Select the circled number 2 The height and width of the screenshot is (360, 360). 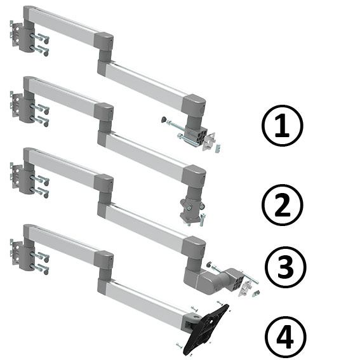[283, 204]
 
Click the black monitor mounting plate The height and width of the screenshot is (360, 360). [206, 328]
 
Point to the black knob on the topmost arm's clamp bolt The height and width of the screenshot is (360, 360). [164, 119]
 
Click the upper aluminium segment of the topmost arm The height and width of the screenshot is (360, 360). [63, 24]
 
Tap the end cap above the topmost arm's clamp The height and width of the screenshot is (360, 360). [194, 105]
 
